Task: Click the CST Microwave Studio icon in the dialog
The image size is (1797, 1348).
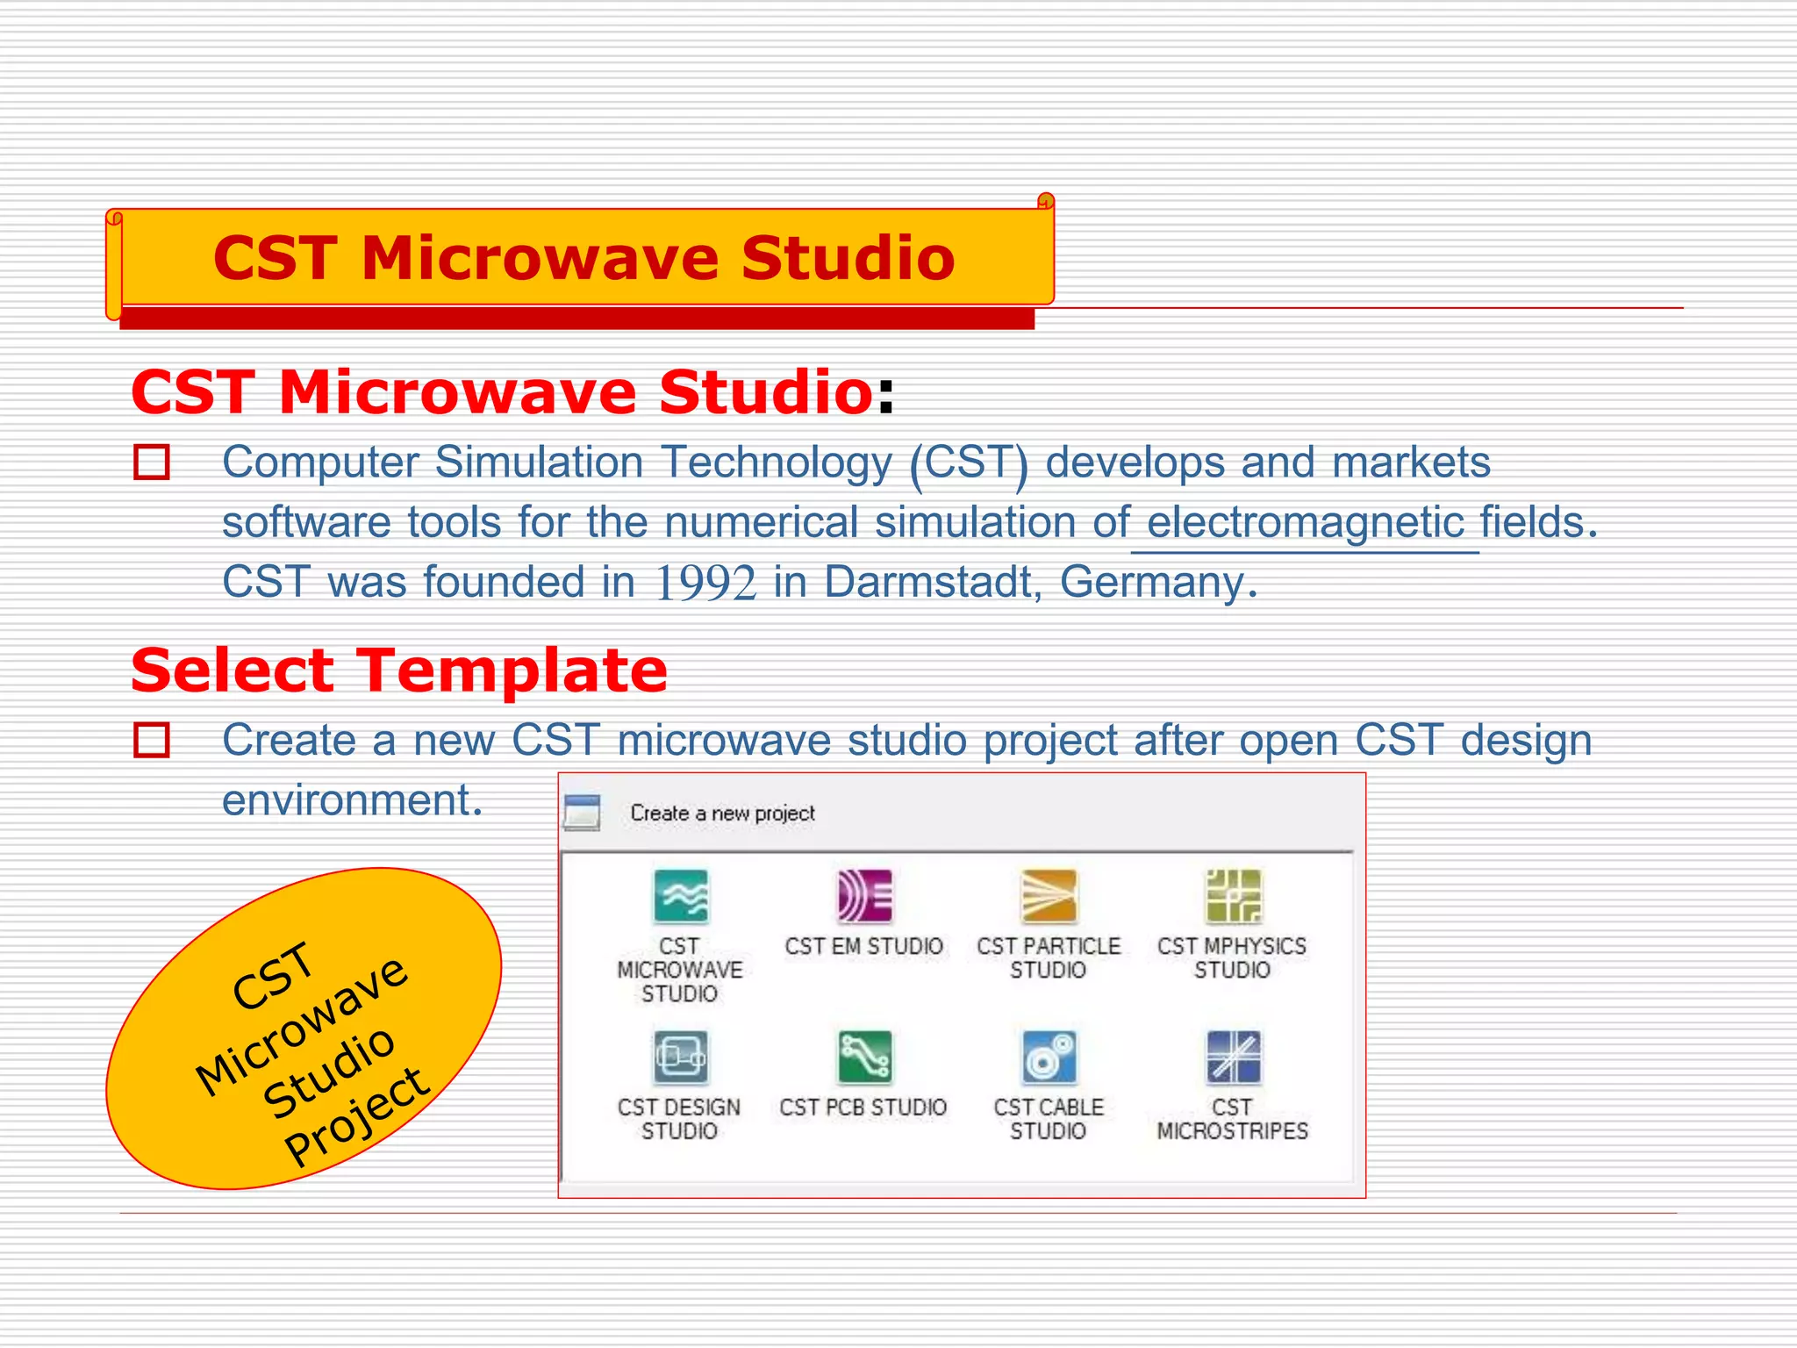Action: click(680, 896)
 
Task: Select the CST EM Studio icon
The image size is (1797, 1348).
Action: click(864, 896)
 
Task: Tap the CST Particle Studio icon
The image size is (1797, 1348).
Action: click(1049, 896)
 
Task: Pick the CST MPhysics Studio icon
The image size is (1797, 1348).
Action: click(1233, 896)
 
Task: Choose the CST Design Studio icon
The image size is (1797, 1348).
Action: click(680, 1058)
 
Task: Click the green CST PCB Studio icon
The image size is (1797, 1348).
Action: click(864, 1058)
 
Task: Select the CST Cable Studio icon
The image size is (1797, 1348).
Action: click(1049, 1058)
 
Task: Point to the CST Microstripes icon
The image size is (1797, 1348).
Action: click(1233, 1058)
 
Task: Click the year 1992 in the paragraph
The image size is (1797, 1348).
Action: click(705, 583)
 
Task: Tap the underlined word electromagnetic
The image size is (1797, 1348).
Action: click(1305, 523)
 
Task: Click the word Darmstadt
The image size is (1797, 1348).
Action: click(928, 583)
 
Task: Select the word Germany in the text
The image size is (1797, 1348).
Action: click(1151, 583)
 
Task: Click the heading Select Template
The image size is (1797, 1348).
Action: click(399, 670)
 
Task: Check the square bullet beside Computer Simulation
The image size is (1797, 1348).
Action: click(152, 462)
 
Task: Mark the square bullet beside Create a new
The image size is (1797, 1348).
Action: click(152, 741)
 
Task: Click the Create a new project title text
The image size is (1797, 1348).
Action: click(722, 814)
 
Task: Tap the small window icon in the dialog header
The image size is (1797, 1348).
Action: click(583, 813)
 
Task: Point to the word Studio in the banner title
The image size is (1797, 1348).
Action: click(847, 259)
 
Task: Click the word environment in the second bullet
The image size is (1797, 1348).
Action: click(351, 800)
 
